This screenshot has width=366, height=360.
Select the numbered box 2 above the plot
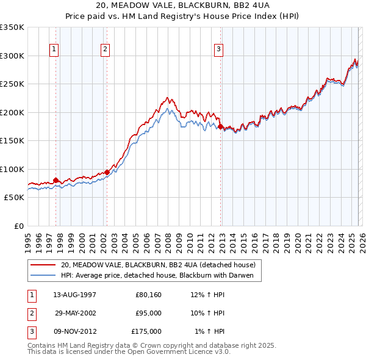(x=106, y=49)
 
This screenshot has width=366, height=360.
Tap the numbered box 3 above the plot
(x=219, y=49)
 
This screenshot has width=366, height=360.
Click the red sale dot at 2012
(x=220, y=126)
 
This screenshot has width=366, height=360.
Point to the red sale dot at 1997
(x=56, y=180)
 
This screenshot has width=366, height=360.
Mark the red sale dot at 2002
(x=107, y=172)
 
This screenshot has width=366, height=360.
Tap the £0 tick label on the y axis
(x=18, y=226)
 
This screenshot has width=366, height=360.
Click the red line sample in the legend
(x=43, y=265)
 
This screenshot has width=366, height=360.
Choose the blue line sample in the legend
(x=43, y=275)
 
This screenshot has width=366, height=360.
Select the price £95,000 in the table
(x=148, y=313)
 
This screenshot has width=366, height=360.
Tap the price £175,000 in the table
(x=146, y=331)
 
